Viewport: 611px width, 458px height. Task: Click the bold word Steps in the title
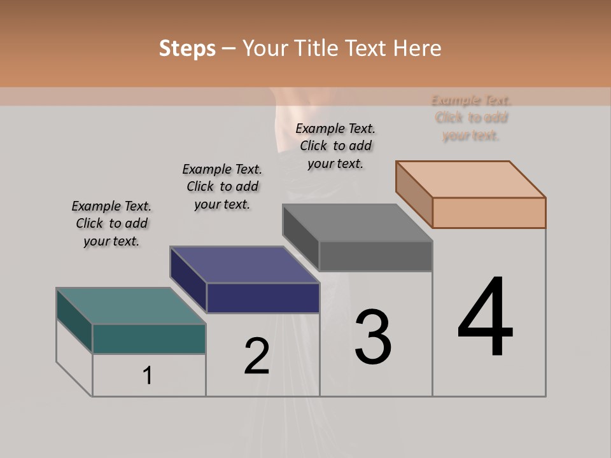(187, 48)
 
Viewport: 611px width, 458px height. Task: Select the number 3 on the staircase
(373, 337)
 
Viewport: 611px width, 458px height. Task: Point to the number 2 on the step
(256, 356)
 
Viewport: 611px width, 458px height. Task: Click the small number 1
(148, 376)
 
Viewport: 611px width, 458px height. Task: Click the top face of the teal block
(130, 306)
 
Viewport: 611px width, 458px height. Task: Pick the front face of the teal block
(149, 338)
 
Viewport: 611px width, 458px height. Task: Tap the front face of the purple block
(263, 298)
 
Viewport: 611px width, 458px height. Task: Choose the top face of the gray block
(357, 223)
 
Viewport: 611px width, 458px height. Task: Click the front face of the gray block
(376, 256)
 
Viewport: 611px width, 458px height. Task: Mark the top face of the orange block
(470, 179)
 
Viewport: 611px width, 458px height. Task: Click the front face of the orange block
(489, 212)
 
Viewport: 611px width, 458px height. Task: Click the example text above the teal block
(111, 223)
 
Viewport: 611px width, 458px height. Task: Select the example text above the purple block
(222, 186)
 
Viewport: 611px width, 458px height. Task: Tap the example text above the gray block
(335, 146)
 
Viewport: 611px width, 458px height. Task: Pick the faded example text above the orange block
(471, 118)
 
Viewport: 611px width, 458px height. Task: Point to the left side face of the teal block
(74, 320)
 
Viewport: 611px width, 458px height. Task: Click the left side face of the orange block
(414, 194)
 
